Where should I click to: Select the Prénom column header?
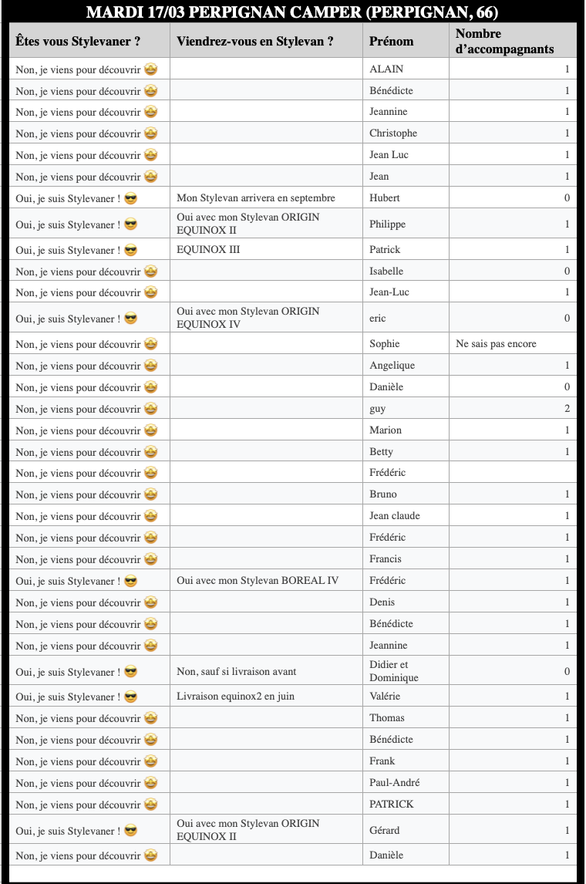[x=391, y=42]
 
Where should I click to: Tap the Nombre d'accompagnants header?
[x=504, y=42]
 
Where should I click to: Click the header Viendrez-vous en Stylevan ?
[x=255, y=42]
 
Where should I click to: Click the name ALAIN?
[x=386, y=69]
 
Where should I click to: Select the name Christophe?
[x=393, y=133]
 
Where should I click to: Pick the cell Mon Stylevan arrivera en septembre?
[x=256, y=198]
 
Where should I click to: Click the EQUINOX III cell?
[x=208, y=250]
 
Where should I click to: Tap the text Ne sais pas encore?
[x=496, y=344]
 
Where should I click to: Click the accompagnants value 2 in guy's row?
[x=567, y=409]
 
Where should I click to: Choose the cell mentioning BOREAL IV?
[x=258, y=581]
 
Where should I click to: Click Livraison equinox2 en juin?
[x=235, y=697]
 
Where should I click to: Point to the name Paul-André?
[x=395, y=783]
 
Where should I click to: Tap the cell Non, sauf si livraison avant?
[x=236, y=672]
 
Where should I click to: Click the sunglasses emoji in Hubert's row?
[x=131, y=198]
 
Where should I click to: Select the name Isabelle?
[x=386, y=272]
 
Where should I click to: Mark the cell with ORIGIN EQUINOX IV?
[x=248, y=318]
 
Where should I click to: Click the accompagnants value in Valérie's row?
[x=567, y=697]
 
